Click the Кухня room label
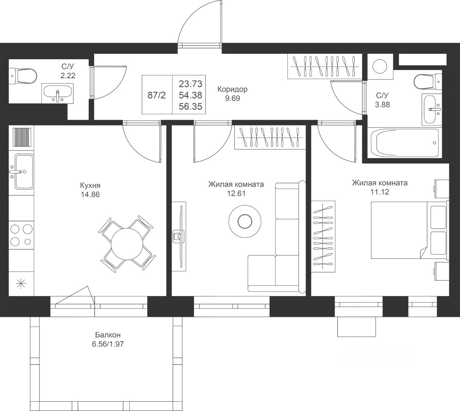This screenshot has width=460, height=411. (90, 185)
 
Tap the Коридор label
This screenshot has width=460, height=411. (232, 89)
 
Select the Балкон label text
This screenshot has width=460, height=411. (107, 335)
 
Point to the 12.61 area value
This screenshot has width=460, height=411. (236, 194)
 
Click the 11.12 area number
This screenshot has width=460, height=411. (379, 192)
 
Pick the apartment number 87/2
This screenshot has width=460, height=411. (157, 95)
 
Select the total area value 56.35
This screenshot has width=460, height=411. (190, 106)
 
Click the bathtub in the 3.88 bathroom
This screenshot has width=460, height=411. (405, 143)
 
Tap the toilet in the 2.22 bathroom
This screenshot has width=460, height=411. (23, 76)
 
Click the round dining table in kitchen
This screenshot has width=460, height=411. (127, 244)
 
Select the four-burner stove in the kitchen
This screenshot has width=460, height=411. (21, 235)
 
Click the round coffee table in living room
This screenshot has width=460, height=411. (245, 221)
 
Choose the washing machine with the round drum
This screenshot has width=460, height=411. (380, 66)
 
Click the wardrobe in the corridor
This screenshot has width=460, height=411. (325, 66)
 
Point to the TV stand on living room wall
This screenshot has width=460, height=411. (179, 236)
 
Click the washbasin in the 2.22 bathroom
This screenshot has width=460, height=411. (57, 93)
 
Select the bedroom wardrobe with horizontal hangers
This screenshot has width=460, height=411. (323, 236)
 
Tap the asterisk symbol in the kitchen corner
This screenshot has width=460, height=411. (21, 284)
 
